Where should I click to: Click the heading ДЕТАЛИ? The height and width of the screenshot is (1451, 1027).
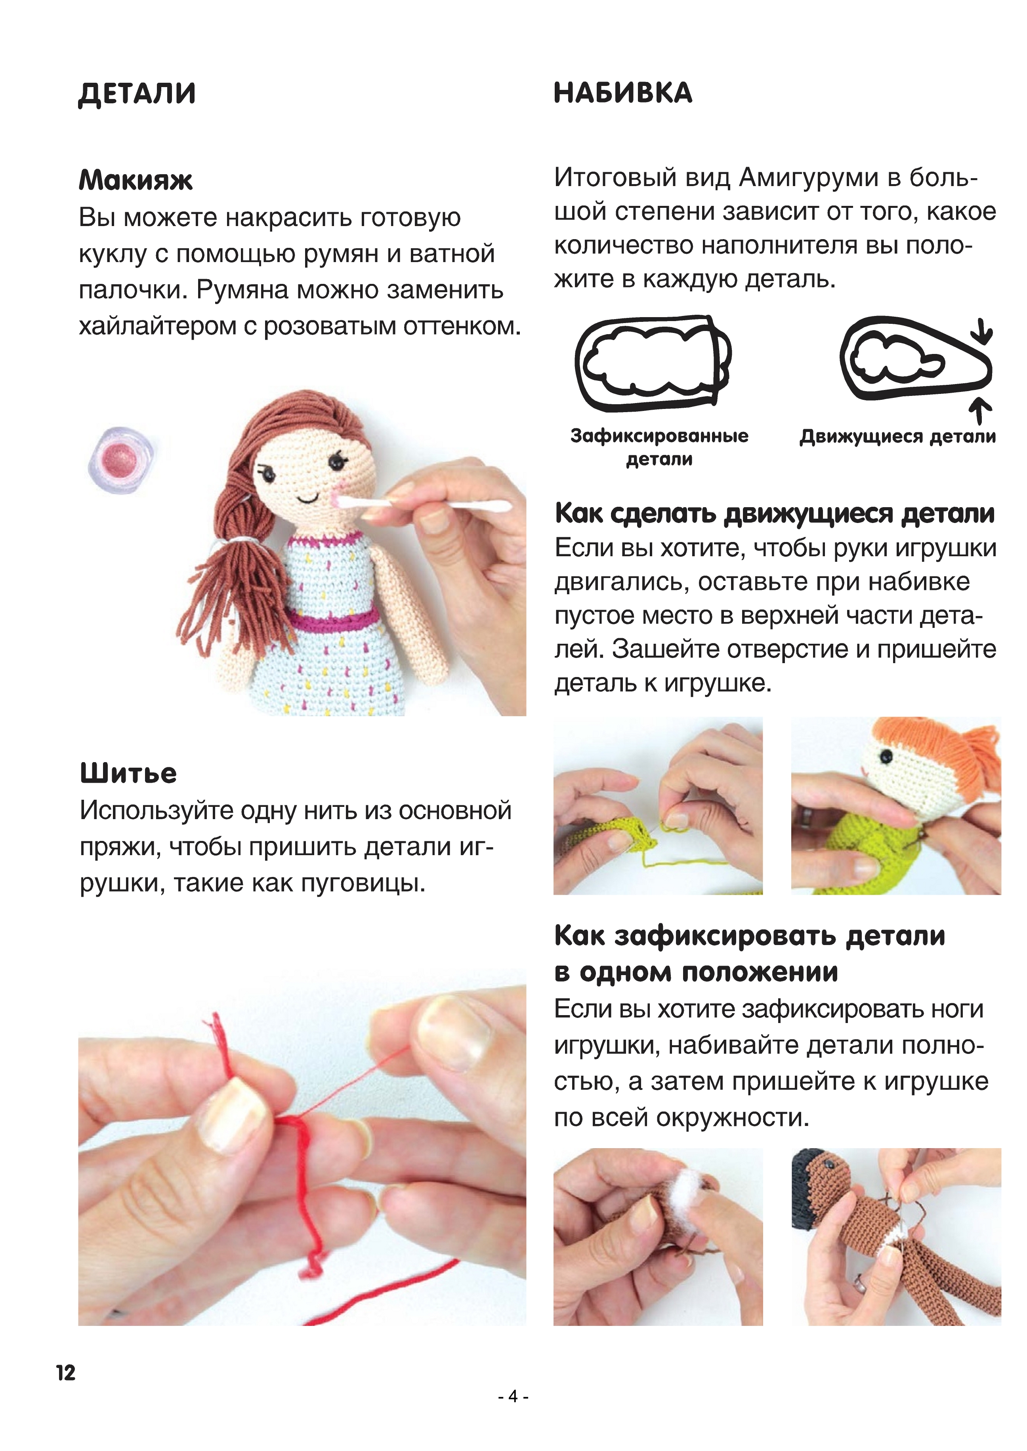tap(137, 93)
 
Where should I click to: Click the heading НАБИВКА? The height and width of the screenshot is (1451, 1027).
tap(623, 93)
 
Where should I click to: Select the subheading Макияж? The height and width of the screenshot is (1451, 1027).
tap(136, 180)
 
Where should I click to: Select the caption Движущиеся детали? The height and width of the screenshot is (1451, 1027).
tap(897, 436)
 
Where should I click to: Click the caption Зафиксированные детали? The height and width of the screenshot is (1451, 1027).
tap(659, 447)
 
